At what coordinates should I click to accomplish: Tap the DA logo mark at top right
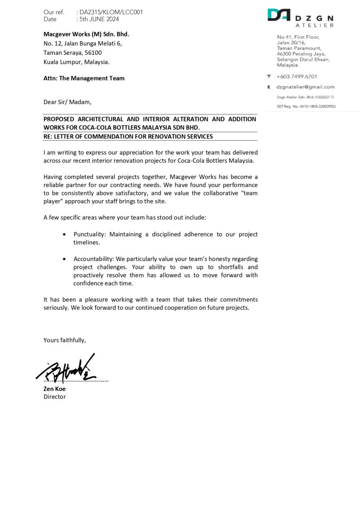tap(278, 15)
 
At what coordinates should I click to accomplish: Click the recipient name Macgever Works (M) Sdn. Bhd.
tap(86, 34)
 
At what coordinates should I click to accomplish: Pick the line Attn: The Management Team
tap(84, 78)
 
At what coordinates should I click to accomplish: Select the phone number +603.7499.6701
tap(297, 76)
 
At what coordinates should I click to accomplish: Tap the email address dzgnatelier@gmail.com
tap(305, 87)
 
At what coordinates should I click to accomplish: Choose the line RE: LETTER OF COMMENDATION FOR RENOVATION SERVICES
tap(128, 136)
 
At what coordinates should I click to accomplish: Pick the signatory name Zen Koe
tap(54, 389)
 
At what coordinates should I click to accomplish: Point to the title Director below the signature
tap(54, 397)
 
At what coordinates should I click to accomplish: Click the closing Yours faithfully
tap(65, 340)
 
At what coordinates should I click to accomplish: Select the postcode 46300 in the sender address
tap(285, 54)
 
